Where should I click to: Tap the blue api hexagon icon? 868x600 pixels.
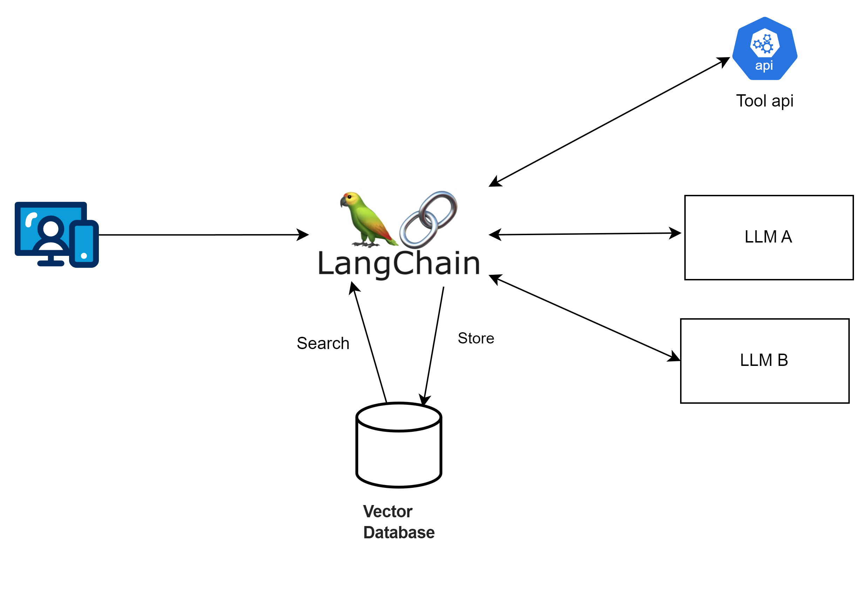point(764,49)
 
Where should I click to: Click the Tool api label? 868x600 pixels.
point(764,101)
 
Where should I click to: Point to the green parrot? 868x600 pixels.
point(367,220)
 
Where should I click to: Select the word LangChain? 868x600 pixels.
point(399,264)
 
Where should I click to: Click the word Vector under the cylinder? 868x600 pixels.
point(387,511)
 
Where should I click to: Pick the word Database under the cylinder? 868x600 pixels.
point(399,532)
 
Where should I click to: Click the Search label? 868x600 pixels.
point(323,343)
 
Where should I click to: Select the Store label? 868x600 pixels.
point(475,338)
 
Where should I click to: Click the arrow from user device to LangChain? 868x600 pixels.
point(203,234)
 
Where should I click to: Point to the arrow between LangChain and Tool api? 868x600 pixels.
point(609,122)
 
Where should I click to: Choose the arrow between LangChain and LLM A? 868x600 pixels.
point(585,234)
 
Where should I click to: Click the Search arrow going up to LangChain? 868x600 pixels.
point(370,344)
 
